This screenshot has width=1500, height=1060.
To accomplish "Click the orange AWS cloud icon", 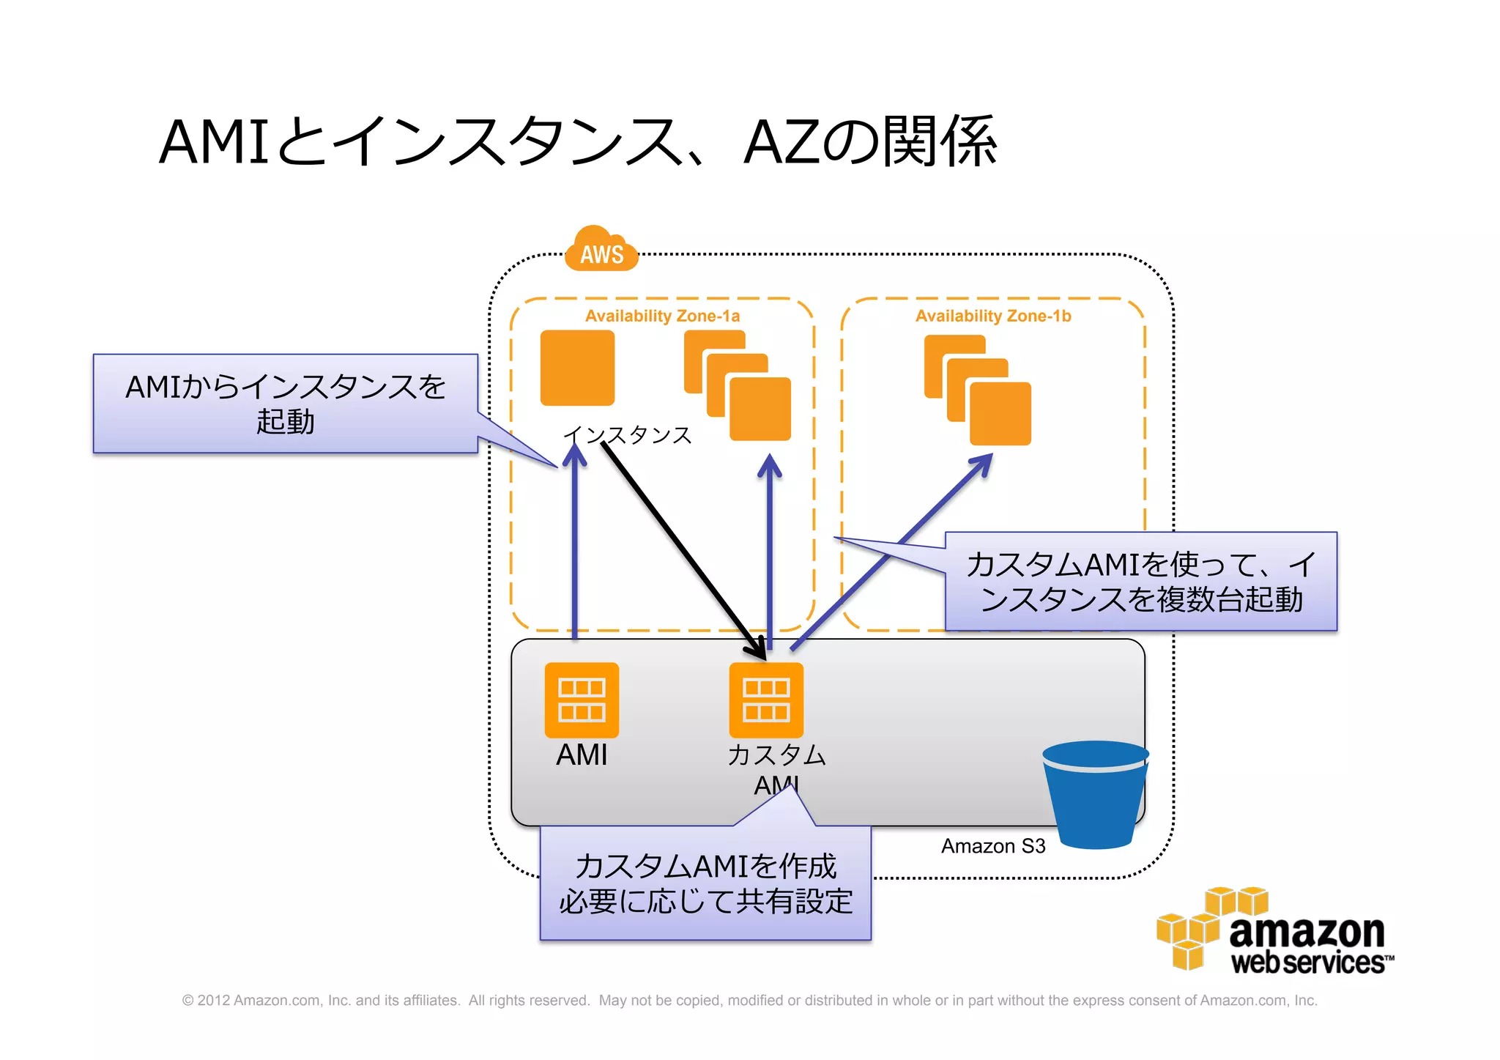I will click(601, 251).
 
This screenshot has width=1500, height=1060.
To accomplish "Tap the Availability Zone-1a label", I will click(662, 316).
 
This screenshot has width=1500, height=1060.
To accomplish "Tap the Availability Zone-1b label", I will click(992, 316).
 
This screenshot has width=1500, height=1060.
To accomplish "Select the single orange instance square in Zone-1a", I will click(577, 368).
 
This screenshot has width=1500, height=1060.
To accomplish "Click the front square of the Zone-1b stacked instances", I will click(1000, 415).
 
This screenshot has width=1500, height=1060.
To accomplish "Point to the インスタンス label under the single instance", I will click(628, 435).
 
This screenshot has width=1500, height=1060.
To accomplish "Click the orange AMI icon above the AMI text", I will click(582, 700).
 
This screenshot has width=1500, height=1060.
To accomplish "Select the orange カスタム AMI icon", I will click(766, 700).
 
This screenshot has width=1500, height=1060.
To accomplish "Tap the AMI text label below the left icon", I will click(582, 755).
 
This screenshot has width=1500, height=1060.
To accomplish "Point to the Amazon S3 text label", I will click(992, 846).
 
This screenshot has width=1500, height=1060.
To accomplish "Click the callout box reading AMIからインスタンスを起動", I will click(285, 404).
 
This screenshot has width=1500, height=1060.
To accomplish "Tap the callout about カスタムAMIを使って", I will click(1140, 582).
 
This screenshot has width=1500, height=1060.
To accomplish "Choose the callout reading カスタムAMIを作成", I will click(705, 883).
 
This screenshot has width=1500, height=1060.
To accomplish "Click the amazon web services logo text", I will click(1307, 945).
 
